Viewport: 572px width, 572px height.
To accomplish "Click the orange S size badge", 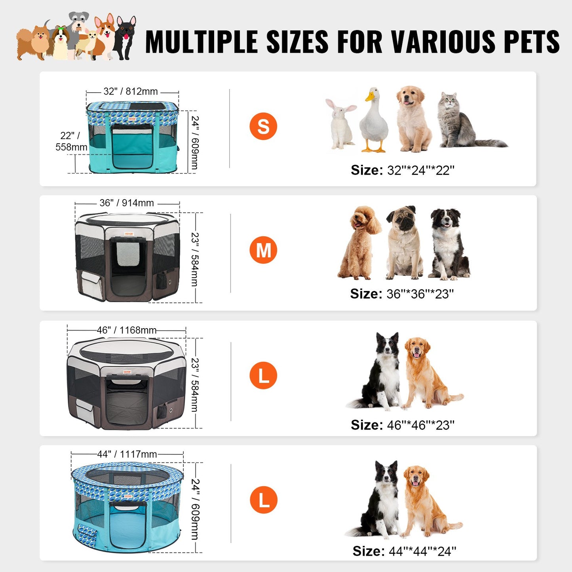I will [263, 127].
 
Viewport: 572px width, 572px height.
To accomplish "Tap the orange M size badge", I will [263, 250].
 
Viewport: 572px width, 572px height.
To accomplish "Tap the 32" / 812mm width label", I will [131, 91].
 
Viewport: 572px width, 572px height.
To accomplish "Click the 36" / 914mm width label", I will [127, 203].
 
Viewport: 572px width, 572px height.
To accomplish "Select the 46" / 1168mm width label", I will [127, 330].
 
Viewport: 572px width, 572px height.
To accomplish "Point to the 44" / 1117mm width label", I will [127, 454].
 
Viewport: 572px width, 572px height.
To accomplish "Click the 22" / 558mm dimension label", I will [71, 141].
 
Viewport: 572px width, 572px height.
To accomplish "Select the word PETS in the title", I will [532, 42].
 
